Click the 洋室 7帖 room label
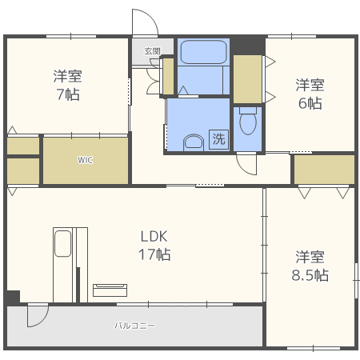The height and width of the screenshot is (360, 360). tap(68, 86)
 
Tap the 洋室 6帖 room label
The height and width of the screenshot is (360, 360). tap(310, 94)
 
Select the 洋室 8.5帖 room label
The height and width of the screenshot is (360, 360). tap(310, 266)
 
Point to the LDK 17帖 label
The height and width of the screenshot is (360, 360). tap(154, 246)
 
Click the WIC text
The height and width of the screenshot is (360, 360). tap(86, 160)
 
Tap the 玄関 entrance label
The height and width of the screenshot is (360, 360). tap(153, 51)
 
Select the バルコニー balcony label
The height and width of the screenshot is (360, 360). tap(134, 326)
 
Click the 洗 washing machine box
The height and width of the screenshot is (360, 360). tap(218, 139)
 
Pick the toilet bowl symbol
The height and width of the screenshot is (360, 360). tap(248, 121)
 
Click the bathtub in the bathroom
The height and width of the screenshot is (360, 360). tap(203, 52)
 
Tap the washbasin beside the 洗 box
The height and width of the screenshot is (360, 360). tap(194, 142)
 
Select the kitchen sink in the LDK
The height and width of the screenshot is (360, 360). tap(62, 244)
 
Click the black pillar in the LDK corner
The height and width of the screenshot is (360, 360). tap(14, 297)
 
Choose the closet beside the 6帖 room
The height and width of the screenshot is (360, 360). tap(248, 79)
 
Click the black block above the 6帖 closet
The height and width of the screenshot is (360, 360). tap(248, 46)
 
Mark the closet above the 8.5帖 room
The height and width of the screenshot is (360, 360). tap(324, 170)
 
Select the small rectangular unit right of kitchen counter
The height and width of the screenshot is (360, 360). tap(110, 290)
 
